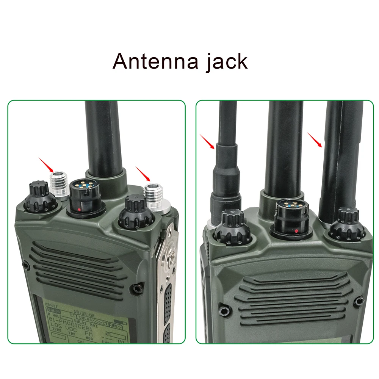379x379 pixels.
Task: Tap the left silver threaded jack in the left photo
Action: pyautogui.click(x=60, y=185)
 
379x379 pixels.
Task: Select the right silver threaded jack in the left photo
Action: pyautogui.click(x=155, y=197)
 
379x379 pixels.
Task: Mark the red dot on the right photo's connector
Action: pyautogui.click(x=296, y=230)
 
